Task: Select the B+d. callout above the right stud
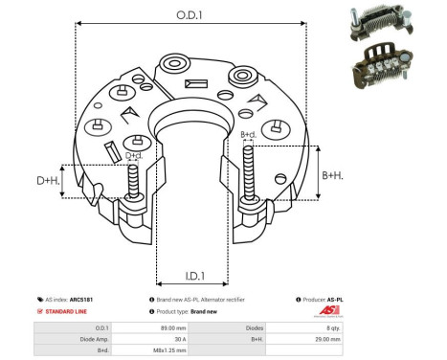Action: pyautogui.click(x=248, y=135)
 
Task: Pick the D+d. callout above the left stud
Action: pyautogui.click(x=135, y=154)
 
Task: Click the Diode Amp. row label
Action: pyautogui.click(x=69, y=338)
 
